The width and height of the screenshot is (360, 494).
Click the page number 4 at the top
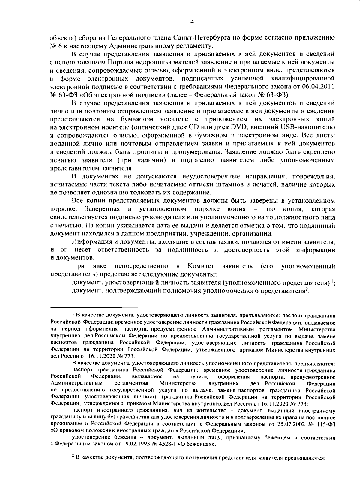tap(192, 22)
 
